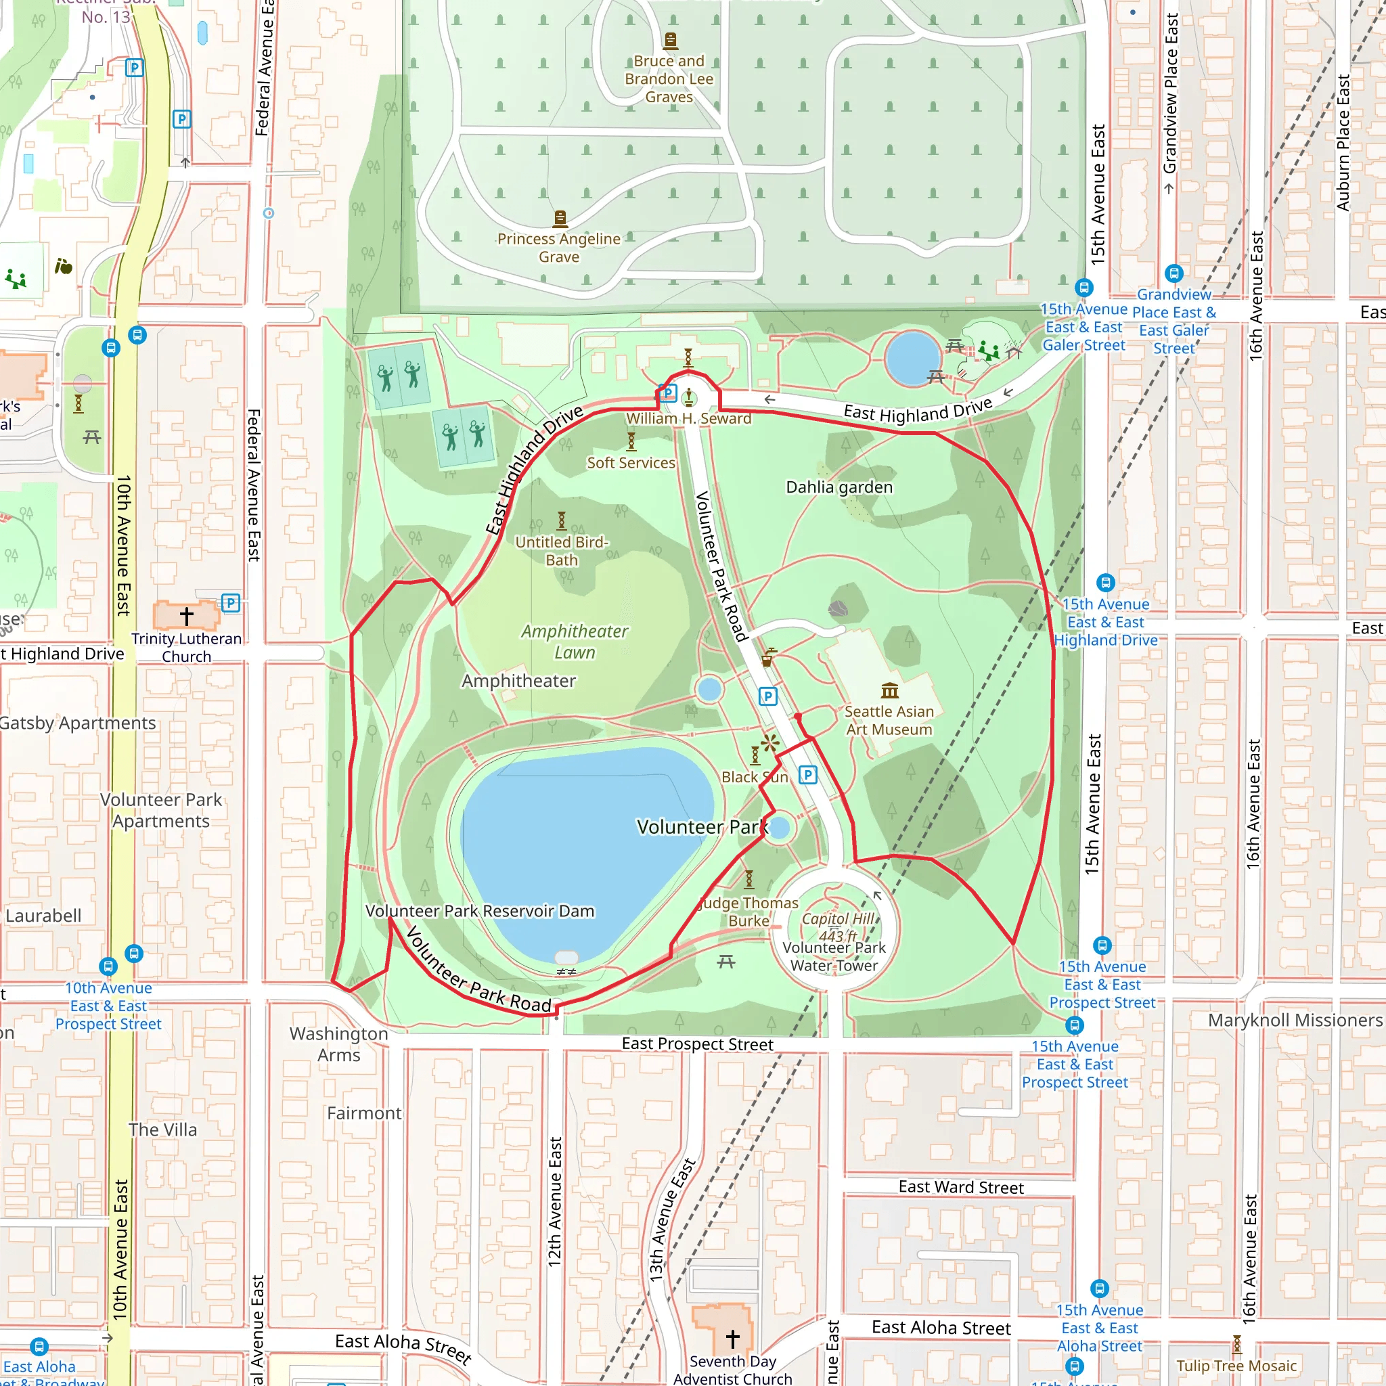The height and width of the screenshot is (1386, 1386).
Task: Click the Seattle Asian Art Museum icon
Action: (x=889, y=690)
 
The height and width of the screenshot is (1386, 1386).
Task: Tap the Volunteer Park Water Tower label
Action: (x=834, y=956)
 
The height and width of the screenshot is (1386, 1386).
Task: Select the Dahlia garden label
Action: (x=839, y=487)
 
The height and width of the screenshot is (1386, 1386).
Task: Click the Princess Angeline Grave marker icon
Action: (x=560, y=217)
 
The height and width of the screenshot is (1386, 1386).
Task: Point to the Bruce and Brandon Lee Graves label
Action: (x=669, y=79)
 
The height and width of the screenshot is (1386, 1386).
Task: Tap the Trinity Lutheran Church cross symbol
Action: (x=187, y=616)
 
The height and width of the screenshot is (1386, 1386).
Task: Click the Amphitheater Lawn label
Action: (x=574, y=642)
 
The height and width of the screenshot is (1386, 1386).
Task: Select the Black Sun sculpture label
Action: (x=754, y=777)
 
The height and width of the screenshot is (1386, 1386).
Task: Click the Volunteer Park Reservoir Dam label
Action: (x=480, y=911)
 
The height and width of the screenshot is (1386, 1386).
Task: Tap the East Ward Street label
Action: (x=960, y=1187)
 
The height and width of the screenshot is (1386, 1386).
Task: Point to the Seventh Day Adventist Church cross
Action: (x=732, y=1339)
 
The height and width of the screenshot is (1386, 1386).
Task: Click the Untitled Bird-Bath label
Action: (x=561, y=551)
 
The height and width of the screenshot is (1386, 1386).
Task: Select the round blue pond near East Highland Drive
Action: (x=912, y=358)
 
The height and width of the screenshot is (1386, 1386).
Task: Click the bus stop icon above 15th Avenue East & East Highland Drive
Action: (x=1106, y=583)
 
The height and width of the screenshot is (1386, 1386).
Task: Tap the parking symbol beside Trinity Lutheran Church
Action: (x=230, y=602)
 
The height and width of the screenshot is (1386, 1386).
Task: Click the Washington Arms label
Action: (x=338, y=1044)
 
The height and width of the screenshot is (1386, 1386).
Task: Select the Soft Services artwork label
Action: (x=631, y=463)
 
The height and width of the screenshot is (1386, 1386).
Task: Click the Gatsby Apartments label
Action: (x=76, y=723)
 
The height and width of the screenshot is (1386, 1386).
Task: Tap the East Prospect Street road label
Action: (x=697, y=1044)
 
